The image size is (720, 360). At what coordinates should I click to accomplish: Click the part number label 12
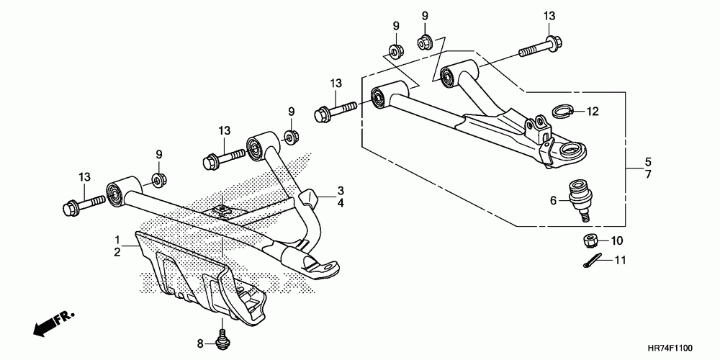(x=593, y=112)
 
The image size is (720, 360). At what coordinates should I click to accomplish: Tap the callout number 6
(x=554, y=201)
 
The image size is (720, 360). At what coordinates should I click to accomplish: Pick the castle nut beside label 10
(x=587, y=240)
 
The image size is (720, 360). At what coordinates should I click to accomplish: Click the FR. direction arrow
(x=50, y=322)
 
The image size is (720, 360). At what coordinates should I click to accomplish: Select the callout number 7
(x=647, y=175)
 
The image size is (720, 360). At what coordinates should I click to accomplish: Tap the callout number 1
(x=117, y=238)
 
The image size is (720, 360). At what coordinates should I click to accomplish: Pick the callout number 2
(x=117, y=252)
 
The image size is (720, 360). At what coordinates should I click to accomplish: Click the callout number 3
(x=341, y=190)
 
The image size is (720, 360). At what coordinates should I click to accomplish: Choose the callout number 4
(x=341, y=204)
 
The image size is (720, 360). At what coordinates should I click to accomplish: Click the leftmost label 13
(x=86, y=177)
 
